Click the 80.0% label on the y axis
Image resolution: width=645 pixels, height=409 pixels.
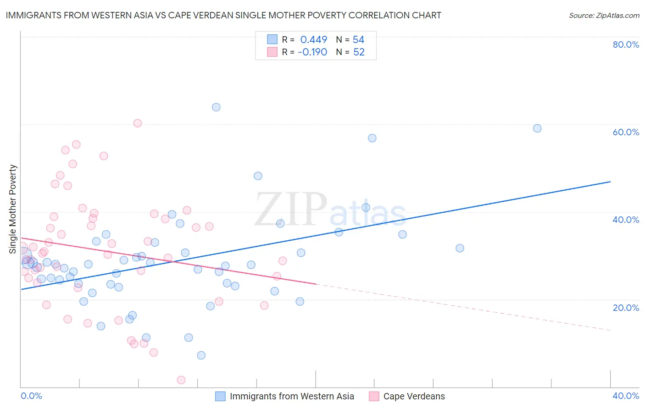click(626, 44)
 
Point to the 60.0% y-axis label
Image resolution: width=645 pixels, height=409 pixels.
click(626, 132)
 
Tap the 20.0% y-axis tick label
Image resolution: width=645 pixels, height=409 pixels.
click(626, 308)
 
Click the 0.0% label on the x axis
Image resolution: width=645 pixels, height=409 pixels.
click(32, 396)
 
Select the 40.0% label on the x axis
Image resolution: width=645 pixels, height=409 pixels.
click(626, 396)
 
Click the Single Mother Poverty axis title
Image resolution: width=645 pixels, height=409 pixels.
click(13, 209)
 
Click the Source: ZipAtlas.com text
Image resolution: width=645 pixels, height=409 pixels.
click(604, 16)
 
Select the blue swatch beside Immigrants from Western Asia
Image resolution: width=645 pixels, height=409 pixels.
click(220, 396)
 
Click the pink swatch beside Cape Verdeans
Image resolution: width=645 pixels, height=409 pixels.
click(374, 396)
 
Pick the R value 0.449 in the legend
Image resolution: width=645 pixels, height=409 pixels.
click(314, 40)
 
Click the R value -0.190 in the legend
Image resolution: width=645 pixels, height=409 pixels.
click(312, 52)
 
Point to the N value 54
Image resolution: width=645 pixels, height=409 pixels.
click(358, 40)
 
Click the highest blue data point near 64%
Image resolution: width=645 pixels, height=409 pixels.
click(216, 107)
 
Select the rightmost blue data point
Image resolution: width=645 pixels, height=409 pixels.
click(537, 128)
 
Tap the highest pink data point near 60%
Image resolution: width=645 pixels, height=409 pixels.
click(138, 123)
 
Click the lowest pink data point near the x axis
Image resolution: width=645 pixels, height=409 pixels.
click(181, 380)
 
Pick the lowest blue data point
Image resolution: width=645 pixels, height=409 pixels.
click(201, 355)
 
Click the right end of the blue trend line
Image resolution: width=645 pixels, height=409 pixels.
click(610, 182)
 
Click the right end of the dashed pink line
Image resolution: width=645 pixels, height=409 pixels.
click(610, 330)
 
